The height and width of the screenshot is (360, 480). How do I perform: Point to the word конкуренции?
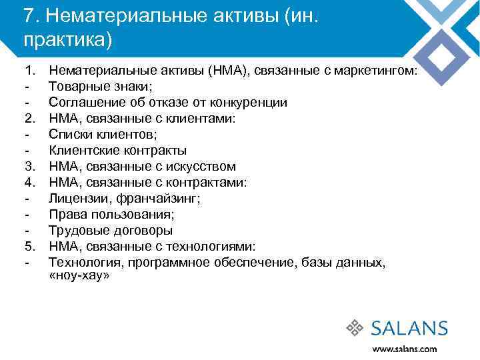(x=250, y=103)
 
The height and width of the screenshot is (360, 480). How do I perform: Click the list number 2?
(x=29, y=119)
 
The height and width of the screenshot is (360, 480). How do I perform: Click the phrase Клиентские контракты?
(x=118, y=151)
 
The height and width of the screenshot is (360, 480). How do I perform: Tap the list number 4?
(x=29, y=183)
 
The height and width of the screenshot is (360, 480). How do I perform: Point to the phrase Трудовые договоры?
(x=111, y=231)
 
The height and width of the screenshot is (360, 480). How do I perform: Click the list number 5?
(x=29, y=247)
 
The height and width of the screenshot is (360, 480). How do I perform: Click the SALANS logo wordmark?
(x=409, y=328)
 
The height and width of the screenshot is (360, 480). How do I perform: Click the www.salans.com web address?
(x=405, y=349)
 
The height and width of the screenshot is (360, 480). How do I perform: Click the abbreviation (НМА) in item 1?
(x=227, y=71)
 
